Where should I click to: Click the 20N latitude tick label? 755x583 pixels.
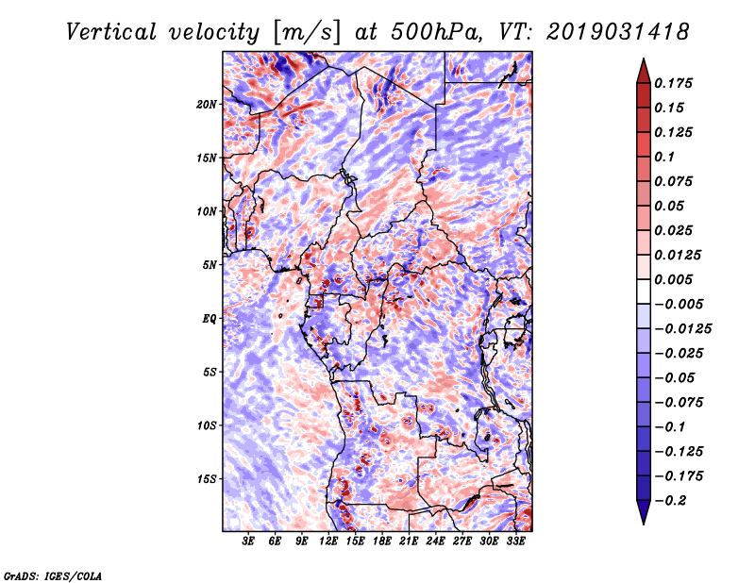[x=206, y=105]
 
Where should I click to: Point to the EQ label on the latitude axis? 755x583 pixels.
[x=209, y=319]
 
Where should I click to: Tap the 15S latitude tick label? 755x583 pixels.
[x=206, y=479]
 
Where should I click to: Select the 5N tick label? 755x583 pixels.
[x=209, y=265]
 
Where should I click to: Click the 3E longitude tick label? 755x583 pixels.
[x=248, y=541]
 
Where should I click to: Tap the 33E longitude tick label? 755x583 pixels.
[x=515, y=541]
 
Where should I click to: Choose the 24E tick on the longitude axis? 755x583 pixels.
[x=435, y=541]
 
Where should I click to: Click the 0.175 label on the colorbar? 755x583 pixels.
[x=673, y=83]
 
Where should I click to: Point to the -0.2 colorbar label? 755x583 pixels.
[x=671, y=501]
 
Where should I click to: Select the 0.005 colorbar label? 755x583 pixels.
[x=673, y=279]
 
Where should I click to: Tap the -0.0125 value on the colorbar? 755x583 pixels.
[x=683, y=329]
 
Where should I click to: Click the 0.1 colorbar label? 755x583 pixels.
[x=664, y=157]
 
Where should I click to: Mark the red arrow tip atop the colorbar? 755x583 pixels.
[x=644, y=58]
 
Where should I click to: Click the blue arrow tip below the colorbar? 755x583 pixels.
[x=644, y=524]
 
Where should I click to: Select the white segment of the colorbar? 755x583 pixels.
[x=644, y=291]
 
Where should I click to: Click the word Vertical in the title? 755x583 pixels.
[x=111, y=32]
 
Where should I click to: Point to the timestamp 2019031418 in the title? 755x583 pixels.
[x=618, y=32]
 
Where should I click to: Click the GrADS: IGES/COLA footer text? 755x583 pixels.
[x=53, y=575]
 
